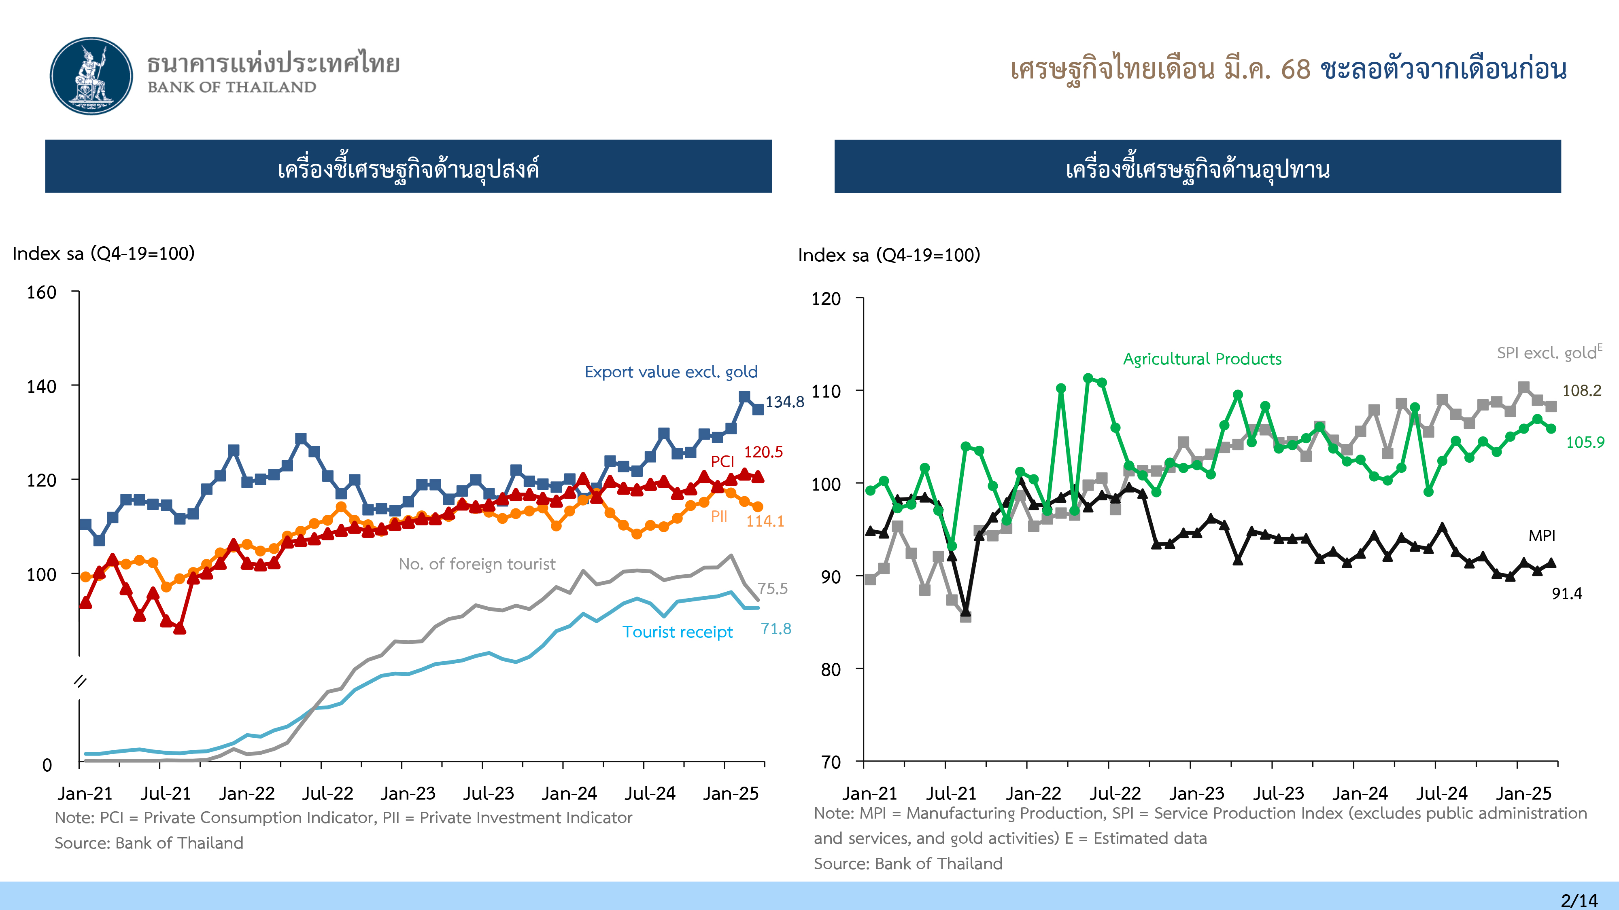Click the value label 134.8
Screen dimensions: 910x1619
point(784,402)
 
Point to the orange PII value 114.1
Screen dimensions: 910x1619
point(765,521)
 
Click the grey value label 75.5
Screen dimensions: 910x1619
point(772,588)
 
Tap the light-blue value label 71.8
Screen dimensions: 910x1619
point(776,629)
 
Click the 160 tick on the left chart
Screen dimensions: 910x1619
point(41,293)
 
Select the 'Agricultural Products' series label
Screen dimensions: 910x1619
point(1202,359)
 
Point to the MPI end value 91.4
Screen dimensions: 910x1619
point(1567,593)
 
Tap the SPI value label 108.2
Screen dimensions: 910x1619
point(1581,391)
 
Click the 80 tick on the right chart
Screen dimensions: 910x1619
point(830,669)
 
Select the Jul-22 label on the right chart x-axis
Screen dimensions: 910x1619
point(1114,794)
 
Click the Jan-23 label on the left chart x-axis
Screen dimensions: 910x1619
point(408,794)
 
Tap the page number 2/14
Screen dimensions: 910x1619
point(1579,900)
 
